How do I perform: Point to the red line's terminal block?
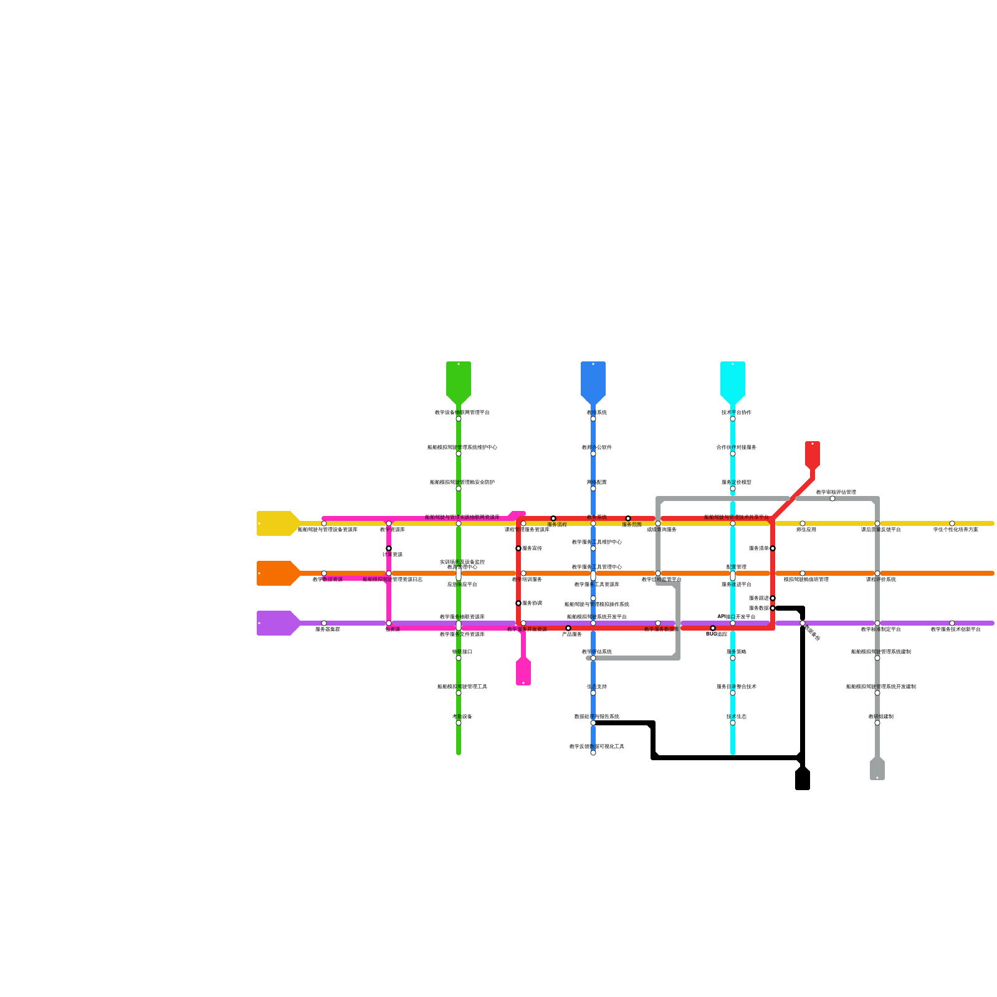click(813, 454)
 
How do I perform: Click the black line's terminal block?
click(803, 780)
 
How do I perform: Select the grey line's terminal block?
click(877, 769)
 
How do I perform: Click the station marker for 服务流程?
click(553, 518)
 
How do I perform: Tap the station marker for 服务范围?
click(628, 518)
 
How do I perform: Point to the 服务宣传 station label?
click(532, 548)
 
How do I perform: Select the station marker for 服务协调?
click(518, 603)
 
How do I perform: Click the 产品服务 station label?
click(571, 634)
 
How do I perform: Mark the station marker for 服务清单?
click(773, 548)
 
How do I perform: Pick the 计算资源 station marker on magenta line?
click(389, 548)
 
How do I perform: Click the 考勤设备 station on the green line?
click(459, 723)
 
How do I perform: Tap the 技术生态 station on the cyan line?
click(733, 723)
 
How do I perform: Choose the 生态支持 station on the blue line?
click(593, 693)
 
